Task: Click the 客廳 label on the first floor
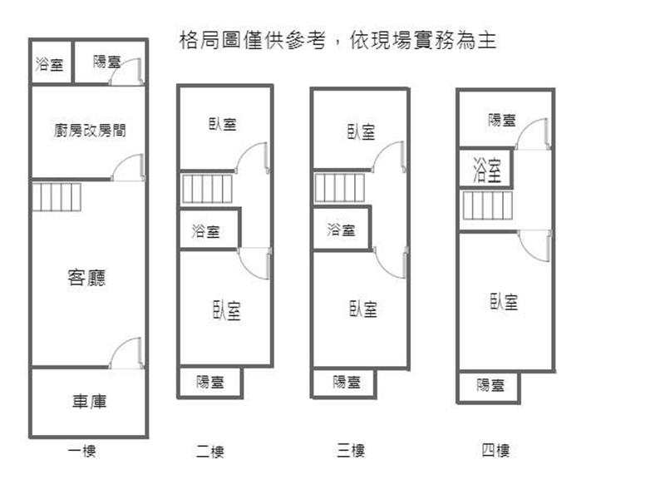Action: click(87, 278)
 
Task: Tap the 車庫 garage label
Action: click(88, 402)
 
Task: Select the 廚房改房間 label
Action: click(89, 131)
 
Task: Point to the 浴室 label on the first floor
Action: click(50, 64)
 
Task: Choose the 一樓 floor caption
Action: click(82, 452)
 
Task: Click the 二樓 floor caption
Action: click(209, 453)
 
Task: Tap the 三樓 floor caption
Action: click(351, 452)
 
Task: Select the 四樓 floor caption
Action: click(495, 452)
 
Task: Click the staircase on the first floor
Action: click(57, 197)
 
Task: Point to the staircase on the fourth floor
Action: click(487, 205)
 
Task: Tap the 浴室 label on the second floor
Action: click(206, 231)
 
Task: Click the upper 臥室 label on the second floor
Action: click(222, 125)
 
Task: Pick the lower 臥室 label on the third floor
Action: click(363, 309)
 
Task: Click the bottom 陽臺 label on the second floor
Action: click(209, 383)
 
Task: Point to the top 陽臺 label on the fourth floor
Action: click(502, 121)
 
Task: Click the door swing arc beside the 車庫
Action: click(127, 353)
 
